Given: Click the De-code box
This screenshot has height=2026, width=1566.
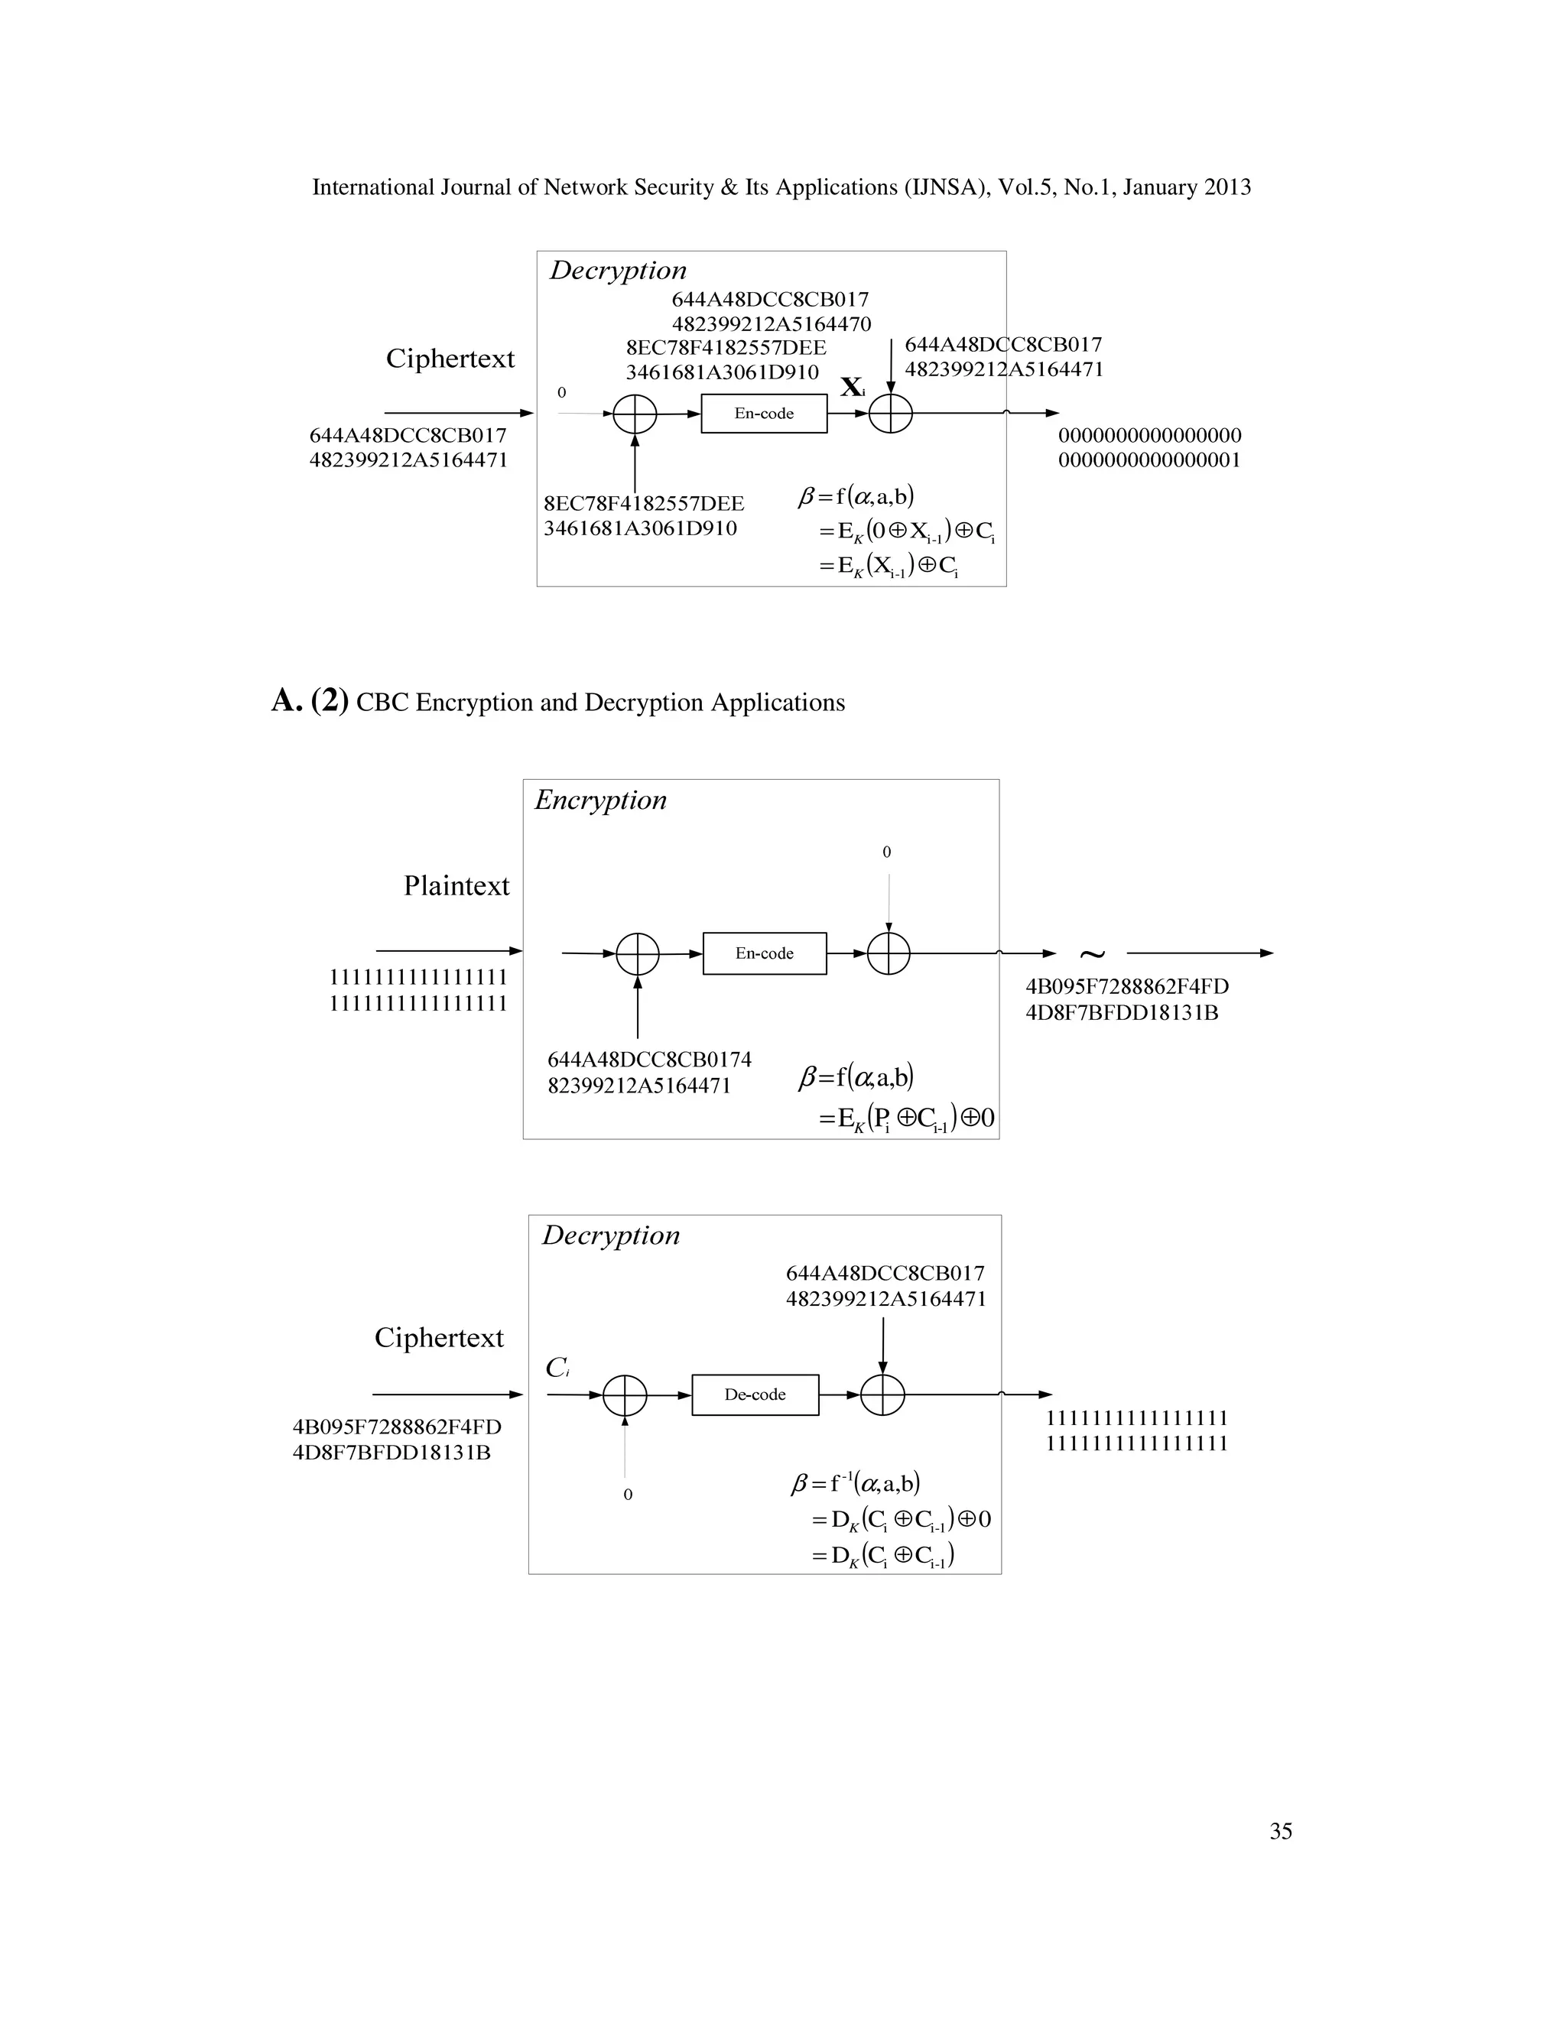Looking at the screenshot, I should pos(755,1394).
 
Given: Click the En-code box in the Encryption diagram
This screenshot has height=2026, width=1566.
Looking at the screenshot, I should pos(765,953).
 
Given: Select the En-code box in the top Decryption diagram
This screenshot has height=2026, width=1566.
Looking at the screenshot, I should pos(764,413).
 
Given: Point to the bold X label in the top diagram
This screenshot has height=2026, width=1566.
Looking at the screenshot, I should pos(852,387).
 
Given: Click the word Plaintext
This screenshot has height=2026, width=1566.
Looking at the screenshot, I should pos(456,886).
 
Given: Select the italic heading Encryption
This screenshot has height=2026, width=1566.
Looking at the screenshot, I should pos(600,800).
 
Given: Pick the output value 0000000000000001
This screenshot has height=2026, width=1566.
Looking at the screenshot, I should pos(1149,460).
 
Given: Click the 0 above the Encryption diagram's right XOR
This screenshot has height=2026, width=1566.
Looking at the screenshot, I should pos(887,852).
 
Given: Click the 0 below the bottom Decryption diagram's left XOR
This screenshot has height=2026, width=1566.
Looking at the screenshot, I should pos(628,1495).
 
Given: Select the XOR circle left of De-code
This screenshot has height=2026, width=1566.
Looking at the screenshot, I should pos(625,1395).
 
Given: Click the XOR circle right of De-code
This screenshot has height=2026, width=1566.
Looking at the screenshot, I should pos(882,1394).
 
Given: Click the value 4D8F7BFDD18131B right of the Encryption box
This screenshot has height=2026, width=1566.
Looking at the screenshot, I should pos(1122,1012).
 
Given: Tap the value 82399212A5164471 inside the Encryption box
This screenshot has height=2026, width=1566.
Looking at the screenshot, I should pos(639,1086).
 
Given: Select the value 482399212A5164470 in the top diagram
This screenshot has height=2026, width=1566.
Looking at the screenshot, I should pos(772,323).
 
